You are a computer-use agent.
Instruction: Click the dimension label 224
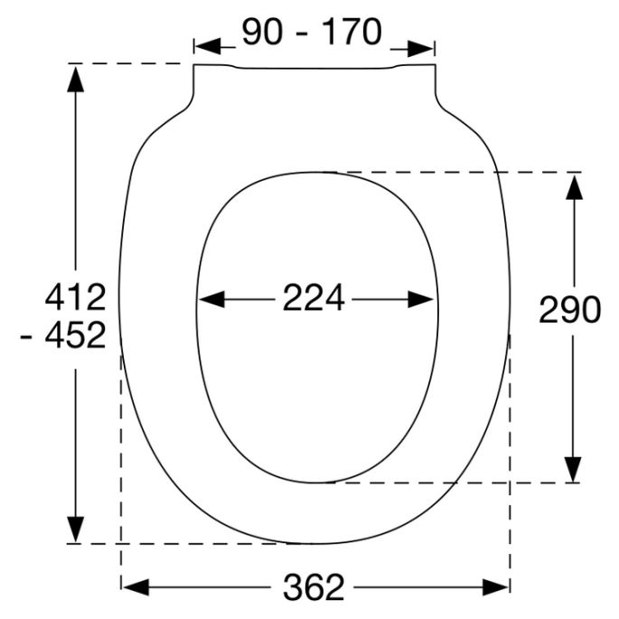(x=314, y=299)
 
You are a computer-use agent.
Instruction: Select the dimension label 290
(x=569, y=310)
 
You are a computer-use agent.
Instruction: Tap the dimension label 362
(x=314, y=588)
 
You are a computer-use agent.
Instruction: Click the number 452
(x=75, y=336)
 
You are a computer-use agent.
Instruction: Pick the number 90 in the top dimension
(x=263, y=33)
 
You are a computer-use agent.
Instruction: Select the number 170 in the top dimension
(x=348, y=33)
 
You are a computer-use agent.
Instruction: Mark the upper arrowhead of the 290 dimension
(x=573, y=186)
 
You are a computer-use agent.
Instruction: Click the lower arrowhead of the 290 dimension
(x=573, y=469)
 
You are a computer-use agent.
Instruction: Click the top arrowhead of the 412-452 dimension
(x=76, y=79)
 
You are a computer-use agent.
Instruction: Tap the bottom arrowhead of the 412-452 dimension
(x=76, y=529)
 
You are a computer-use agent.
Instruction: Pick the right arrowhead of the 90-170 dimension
(x=422, y=46)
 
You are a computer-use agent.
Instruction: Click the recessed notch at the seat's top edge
(x=314, y=70)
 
